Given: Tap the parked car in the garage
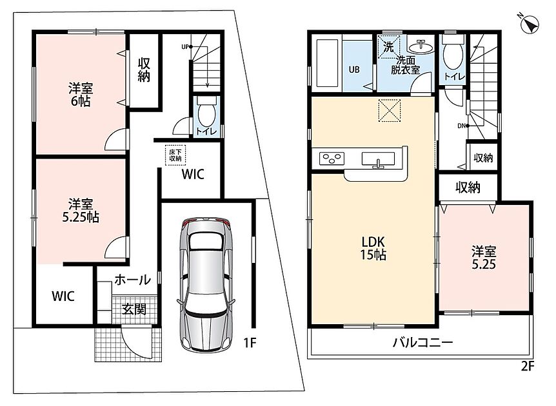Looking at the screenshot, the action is click(206, 284).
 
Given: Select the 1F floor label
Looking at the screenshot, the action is click(250, 343).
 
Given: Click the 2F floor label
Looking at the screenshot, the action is click(527, 366).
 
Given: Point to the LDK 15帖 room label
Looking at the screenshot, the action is click(373, 248).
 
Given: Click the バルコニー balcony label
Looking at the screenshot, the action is click(422, 342).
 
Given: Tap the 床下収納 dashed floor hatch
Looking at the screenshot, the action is click(175, 155).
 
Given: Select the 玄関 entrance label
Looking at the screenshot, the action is click(134, 309).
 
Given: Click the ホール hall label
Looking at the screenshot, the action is click(133, 280).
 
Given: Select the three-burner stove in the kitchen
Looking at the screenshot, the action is click(332, 159).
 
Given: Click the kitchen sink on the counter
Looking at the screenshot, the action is click(378, 159).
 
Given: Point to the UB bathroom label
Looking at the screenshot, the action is click(354, 70).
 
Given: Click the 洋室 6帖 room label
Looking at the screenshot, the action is click(81, 95).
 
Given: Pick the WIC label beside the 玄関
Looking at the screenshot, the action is click(63, 296).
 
